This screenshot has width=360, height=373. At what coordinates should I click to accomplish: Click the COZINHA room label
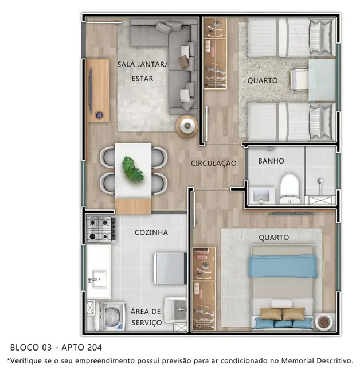pos(151,232)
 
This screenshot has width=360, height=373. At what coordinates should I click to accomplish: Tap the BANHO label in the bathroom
pos(271,161)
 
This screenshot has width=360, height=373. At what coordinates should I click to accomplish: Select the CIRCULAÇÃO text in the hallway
pos(213,163)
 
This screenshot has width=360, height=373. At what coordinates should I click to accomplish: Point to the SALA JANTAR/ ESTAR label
pos(142,71)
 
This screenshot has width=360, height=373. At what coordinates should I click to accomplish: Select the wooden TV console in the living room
pos(98,90)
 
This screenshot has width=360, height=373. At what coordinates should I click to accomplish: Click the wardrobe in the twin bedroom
pos(215,53)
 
